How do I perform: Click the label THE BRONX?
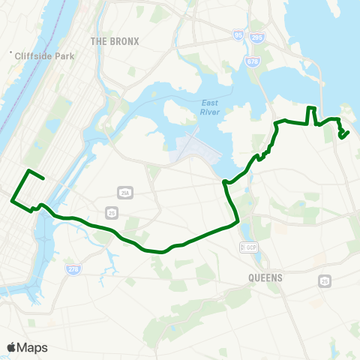115,40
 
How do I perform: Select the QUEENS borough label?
263,277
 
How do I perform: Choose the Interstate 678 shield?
250,63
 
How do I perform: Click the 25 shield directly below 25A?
112,214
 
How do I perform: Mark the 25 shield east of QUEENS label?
324,280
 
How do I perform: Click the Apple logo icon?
11,346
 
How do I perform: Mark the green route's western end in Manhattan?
44,178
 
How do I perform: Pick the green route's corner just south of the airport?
224,181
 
